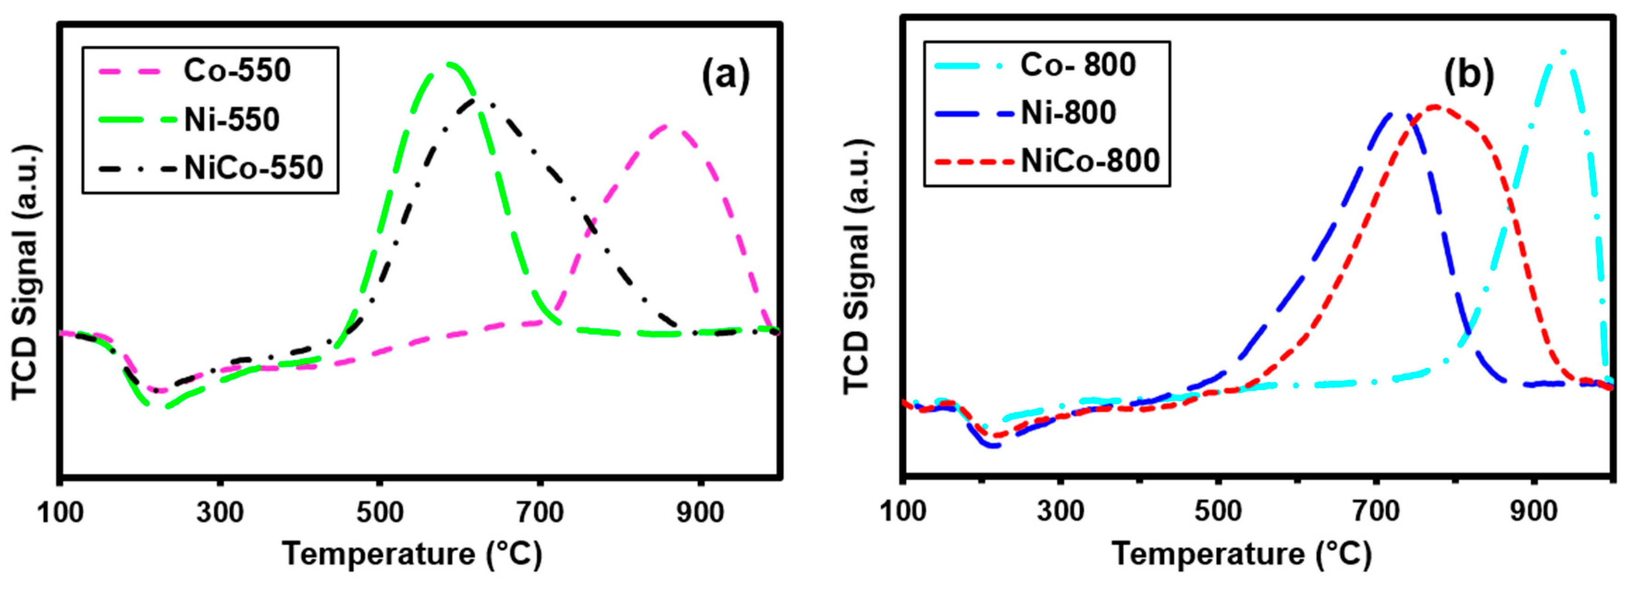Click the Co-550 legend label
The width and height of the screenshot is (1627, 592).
tap(237, 71)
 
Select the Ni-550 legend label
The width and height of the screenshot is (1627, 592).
tap(231, 119)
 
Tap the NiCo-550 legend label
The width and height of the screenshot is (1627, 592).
tap(253, 168)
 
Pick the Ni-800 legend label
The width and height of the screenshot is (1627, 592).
tap(1069, 112)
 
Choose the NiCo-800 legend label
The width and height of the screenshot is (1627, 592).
tap(1090, 161)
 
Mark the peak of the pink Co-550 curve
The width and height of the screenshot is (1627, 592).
tap(665, 126)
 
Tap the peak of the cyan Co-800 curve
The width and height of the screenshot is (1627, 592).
tap(1563, 52)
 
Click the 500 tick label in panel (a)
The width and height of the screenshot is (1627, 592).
tap(380, 512)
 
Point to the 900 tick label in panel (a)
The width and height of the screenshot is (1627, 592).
tap(700, 512)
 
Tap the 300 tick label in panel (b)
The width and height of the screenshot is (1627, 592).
tap(1060, 511)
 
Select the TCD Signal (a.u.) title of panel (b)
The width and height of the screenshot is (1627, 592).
tap(858, 267)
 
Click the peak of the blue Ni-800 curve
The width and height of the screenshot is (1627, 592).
tap(1397, 114)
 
